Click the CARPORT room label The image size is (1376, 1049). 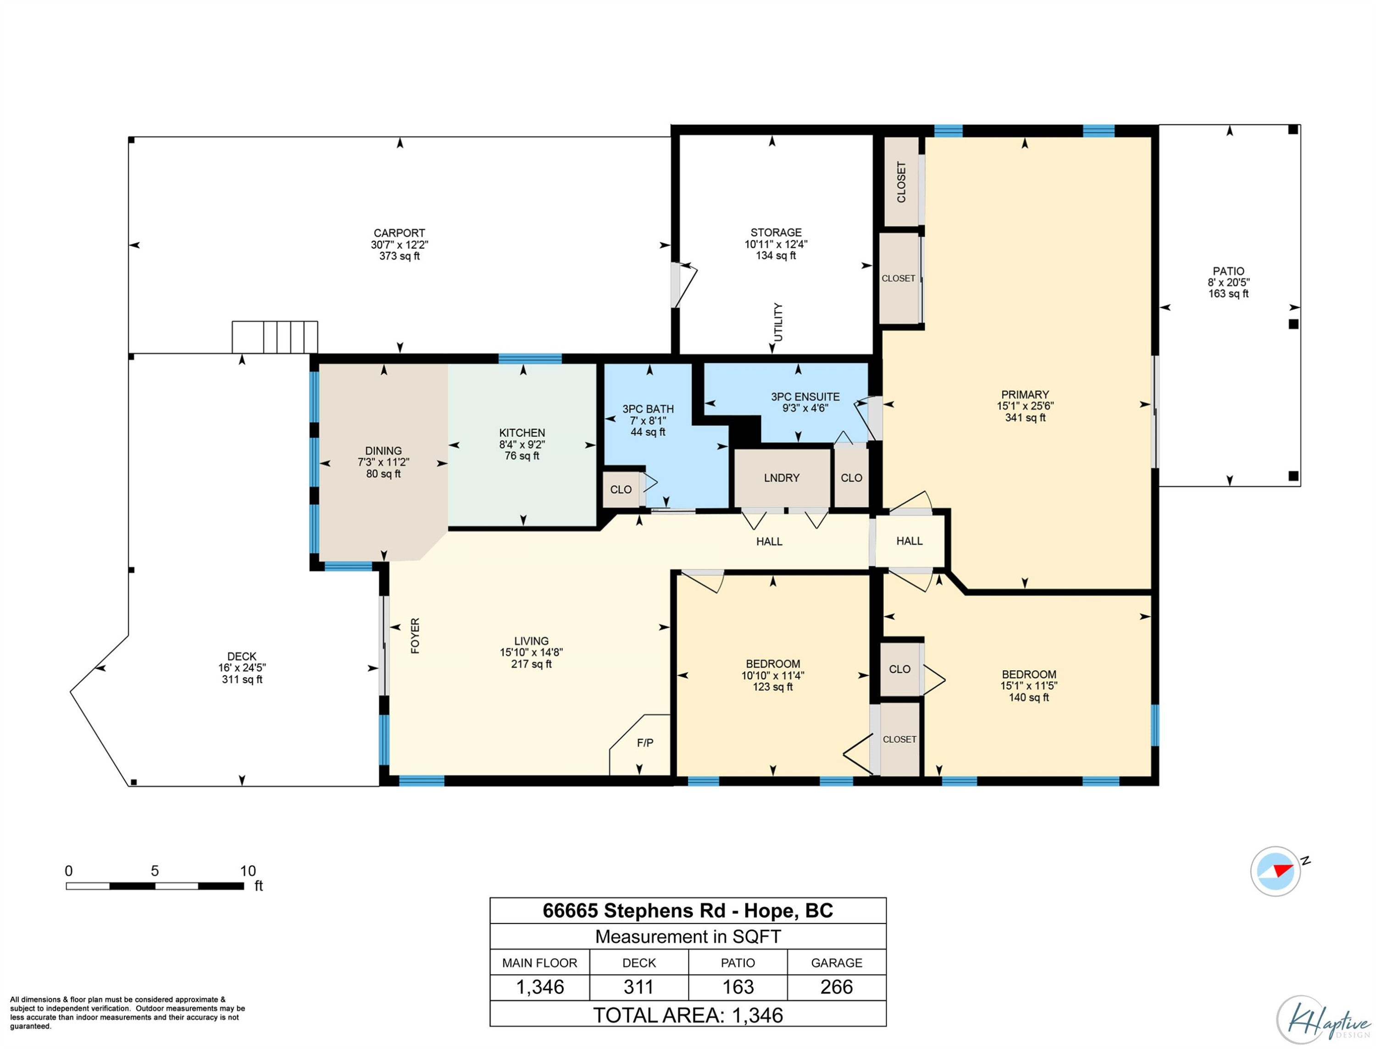pos(399,233)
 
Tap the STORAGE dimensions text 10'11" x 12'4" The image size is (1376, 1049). pos(776,244)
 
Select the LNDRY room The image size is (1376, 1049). pos(782,477)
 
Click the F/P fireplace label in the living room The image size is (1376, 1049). pos(645,743)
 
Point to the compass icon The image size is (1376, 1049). pos(1276,871)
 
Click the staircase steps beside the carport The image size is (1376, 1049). pos(275,337)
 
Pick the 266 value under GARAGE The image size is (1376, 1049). pos(836,987)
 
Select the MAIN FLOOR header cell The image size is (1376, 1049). pos(539,962)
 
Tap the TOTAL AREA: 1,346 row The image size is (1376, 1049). pos(688,1015)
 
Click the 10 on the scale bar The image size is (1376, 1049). pos(248,871)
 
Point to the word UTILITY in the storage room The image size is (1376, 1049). pos(778,322)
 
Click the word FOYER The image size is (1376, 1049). pos(415,636)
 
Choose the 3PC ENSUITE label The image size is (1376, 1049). pos(805,396)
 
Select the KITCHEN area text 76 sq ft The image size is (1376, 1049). pos(522,456)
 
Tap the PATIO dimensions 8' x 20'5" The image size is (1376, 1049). pos(1228,282)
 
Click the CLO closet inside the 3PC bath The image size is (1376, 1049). pos(621,489)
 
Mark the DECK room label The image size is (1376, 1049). pos(242,656)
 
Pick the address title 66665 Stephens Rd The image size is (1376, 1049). pos(634,910)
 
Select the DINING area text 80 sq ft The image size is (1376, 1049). pos(383,474)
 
